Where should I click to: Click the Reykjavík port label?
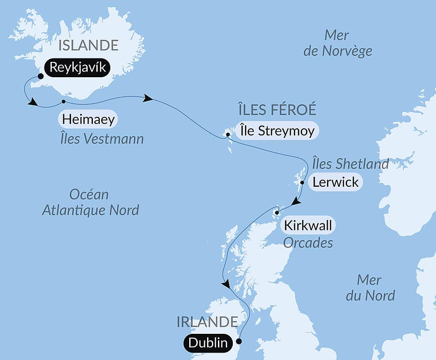pos(77,68)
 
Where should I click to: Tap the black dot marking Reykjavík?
pos(41,76)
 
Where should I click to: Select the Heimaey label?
pos(89,119)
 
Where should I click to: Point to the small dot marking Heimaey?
pos(64,101)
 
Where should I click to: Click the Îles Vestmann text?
pos(102,139)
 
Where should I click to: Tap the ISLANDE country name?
pos(89,45)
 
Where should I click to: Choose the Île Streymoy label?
pos(277,130)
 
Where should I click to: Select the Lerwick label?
pos(335,182)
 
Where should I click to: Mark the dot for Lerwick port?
pos(302,183)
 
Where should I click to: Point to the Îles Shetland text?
pos(350,164)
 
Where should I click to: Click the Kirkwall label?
pos(308,226)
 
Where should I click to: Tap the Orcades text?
pos(308,243)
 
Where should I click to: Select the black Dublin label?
pos(208,343)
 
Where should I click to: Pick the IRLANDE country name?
pos(207,322)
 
